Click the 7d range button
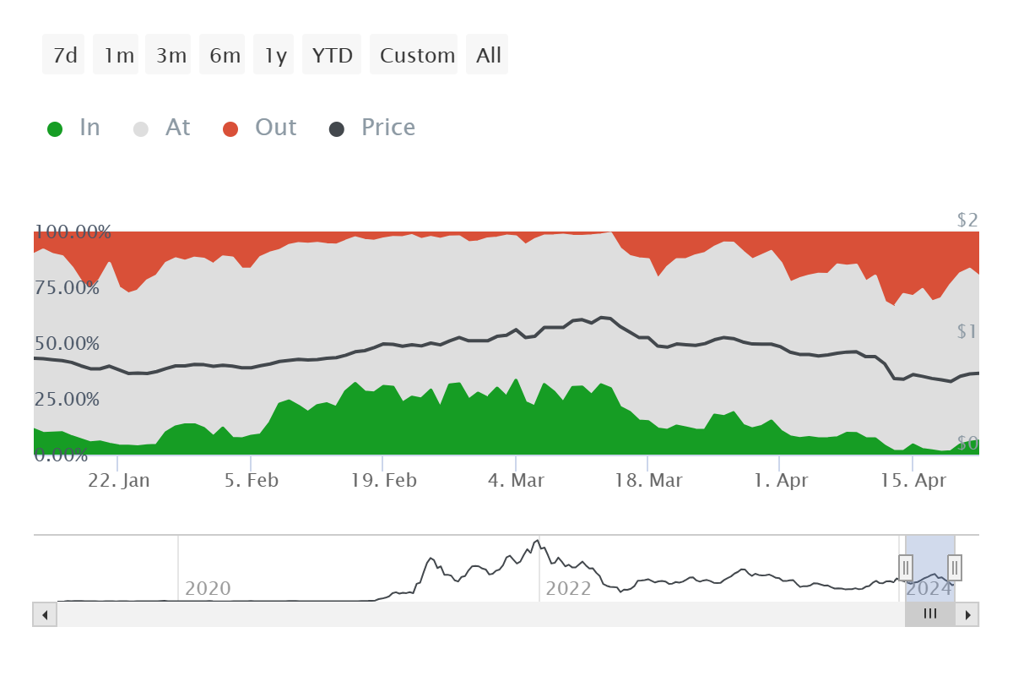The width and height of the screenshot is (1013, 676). click(x=64, y=56)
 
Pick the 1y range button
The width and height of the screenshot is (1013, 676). click(x=274, y=56)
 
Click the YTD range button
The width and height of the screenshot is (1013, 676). click(x=332, y=56)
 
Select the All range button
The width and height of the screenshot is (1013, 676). click(x=488, y=56)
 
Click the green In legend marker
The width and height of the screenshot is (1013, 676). click(x=55, y=129)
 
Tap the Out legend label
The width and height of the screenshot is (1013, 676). click(x=276, y=128)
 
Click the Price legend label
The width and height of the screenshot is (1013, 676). click(x=388, y=128)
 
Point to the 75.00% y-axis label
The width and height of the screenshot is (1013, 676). click(x=67, y=287)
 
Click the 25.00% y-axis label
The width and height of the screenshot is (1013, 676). click(x=67, y=399)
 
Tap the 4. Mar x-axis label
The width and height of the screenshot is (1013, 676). click(x=515, y=481)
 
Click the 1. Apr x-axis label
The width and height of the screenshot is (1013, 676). click(x=781, y=481)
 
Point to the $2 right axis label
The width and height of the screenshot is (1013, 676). click(x=967, y=221)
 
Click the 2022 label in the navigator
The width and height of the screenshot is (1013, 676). click(x=568, y=588)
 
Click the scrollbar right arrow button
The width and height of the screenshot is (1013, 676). click(x=968, y=614)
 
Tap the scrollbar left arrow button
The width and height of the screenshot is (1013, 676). click(x=44, y=614)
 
